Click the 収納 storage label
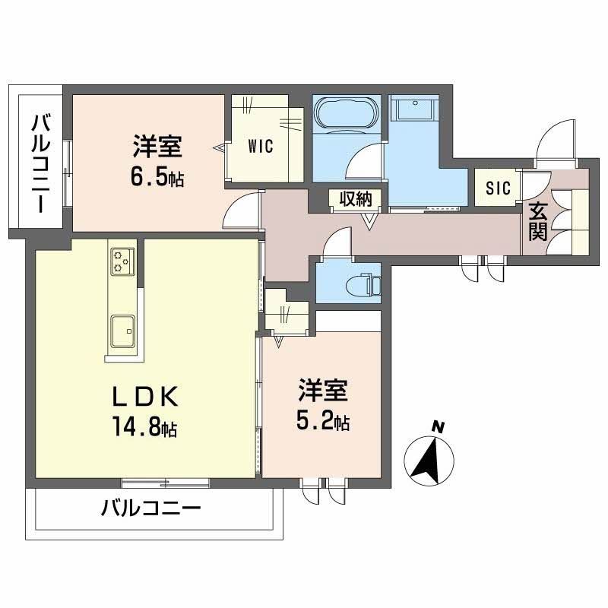pyautogui.click(x=355, y=199)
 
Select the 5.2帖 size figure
pyautogui.click(x=323, y=422)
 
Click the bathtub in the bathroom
pyautogui.click(x=346, y=115)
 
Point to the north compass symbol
pyautogui.click(x=431, y=461)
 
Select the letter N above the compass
pyautogui.click(x=437, y=427)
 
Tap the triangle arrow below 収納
pyautogui.click(x=370, y=221)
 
